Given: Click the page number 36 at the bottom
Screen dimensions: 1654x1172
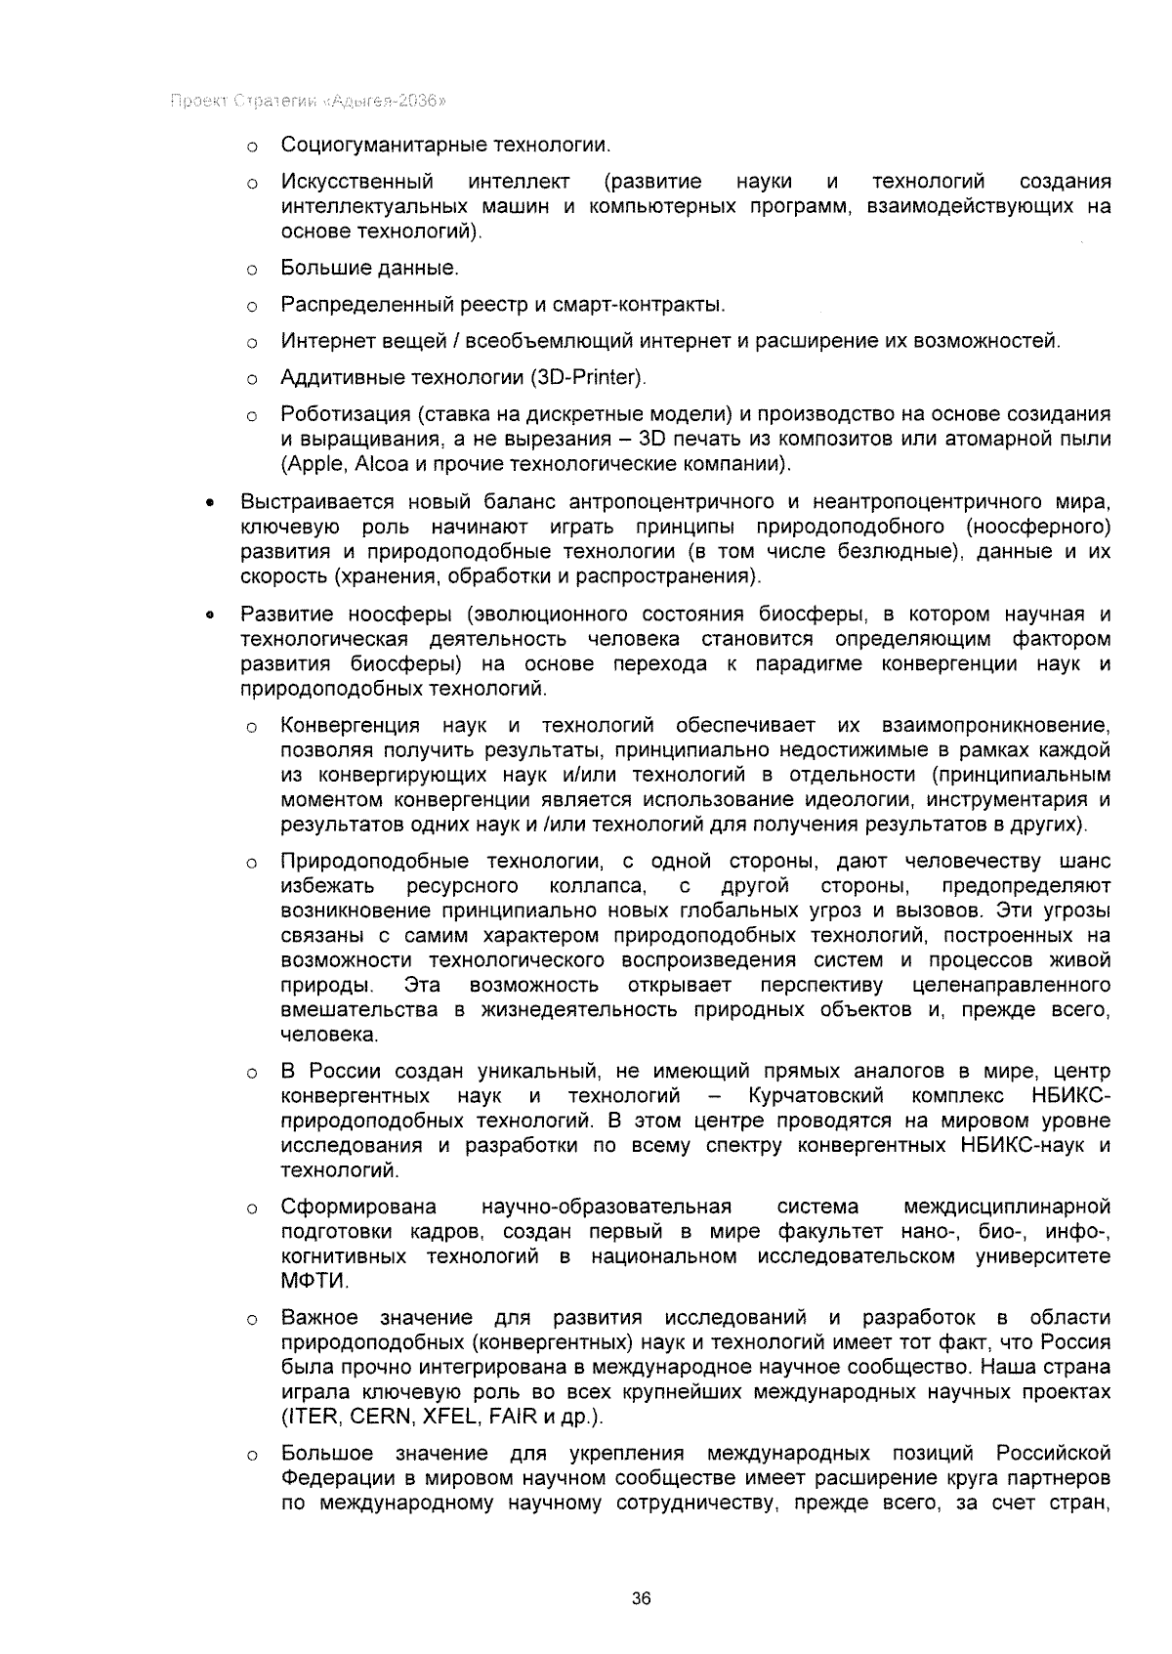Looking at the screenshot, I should (641, 1598).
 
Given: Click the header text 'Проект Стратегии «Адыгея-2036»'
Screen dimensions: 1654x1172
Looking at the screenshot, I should (309, 101).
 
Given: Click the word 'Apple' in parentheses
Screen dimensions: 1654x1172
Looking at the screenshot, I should (310, 463).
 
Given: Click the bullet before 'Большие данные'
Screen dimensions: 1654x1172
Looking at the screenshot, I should (251, 269).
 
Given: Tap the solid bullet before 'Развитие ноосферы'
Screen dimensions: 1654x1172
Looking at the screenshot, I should (208, 615).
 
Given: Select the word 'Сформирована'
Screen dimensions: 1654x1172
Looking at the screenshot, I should (358, 1208).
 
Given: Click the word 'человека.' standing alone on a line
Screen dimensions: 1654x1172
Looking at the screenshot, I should (328, 1034).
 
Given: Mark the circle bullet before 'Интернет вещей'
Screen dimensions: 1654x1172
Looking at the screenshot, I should (251, 342).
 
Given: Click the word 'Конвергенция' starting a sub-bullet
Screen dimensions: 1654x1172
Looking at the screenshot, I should (350, 726).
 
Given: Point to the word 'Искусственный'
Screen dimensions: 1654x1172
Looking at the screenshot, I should (356, 183).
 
